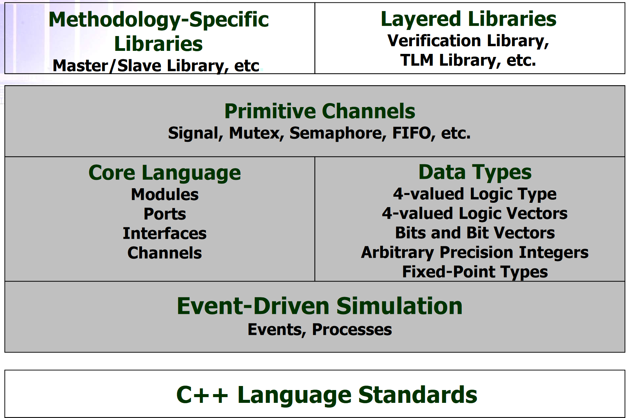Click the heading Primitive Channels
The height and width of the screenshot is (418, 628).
click(x=320, y=111)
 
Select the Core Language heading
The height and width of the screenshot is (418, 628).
click(x=165, y=173)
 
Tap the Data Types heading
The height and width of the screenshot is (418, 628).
click(x=475, y=172)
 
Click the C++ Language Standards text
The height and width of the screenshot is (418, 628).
click(x=327, y=394)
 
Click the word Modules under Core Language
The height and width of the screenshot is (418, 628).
click(x=165, y=194)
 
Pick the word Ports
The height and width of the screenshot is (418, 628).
click(x=165, y=214)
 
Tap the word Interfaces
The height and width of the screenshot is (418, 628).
click(x=165, y=233)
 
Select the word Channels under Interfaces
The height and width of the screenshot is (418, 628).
click(x=165, y=253)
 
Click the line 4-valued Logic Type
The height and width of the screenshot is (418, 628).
click(x=475, y=194)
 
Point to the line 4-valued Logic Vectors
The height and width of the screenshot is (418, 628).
click(x=475, y=214)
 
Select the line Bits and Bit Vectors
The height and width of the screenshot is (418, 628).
click(x=475, y=233)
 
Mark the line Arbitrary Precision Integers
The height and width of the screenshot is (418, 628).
click(x=475, y=253)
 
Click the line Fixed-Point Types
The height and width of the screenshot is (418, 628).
click(x=475, y=272)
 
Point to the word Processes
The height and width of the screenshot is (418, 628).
click(x=352, y=329)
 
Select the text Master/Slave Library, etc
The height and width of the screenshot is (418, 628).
click(x=156, y=66)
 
